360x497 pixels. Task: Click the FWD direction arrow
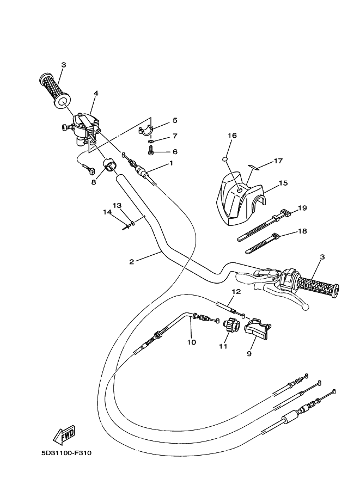[x=64, y=434]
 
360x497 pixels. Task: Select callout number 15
[x=283, y=183]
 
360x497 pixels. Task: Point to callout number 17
[x=278, y=161]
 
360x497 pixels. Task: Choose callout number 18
[x=302, y=231]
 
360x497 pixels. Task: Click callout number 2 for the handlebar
[x=131, y=262]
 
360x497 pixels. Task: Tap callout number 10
[x=191, y=342]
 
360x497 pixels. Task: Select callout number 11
[x=222, y=346]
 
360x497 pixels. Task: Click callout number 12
[x=235, y=292]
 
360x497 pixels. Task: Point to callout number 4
[x=96, y=93]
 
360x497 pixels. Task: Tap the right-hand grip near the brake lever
[x=316, y=285]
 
